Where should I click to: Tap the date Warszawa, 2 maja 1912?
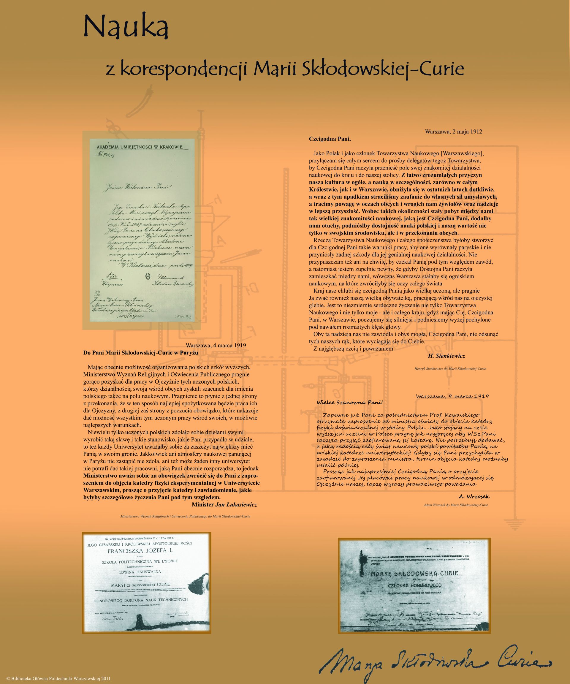[453, 132]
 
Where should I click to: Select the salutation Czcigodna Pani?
[330, 139]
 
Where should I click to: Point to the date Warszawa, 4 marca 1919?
[216, 346]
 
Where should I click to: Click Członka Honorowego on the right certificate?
[415, 595]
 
